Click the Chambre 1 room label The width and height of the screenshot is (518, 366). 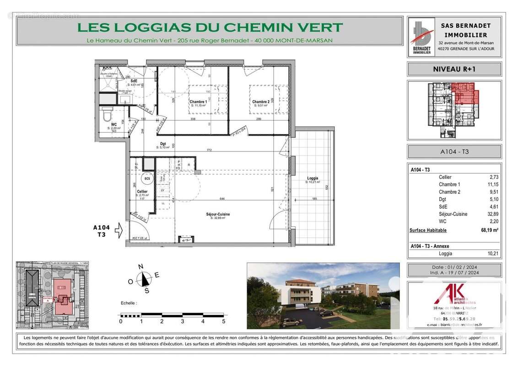(198, 102)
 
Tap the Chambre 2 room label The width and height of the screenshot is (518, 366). (260, 102)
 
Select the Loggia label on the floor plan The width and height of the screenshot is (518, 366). (313, 178)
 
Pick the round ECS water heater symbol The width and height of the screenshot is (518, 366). (147, 178)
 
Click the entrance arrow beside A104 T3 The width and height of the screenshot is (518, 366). (118, 230)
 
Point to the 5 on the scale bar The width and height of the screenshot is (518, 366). (223, 322)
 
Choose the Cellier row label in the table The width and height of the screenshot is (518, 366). (445, 177)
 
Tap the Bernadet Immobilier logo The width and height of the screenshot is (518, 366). (421, 37)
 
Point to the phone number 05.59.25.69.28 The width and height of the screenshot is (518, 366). (454, 319)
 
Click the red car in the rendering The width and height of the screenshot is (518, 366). (289, 323)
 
